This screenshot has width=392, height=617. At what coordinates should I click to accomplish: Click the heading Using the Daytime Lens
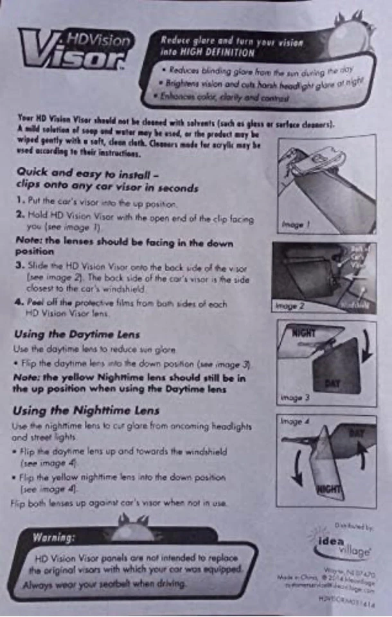76,334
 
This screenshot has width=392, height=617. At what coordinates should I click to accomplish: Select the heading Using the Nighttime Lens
86,411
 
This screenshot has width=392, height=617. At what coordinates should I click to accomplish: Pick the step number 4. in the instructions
20,302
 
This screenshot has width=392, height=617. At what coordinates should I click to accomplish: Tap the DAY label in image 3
332,383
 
